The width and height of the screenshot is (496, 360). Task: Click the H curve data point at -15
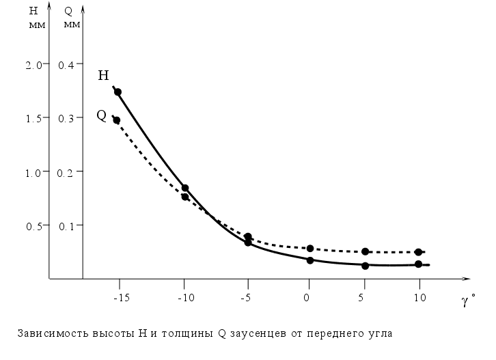point(118,92)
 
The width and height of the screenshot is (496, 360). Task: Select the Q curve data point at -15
point(117,120)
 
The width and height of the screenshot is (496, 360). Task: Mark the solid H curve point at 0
point(310,260)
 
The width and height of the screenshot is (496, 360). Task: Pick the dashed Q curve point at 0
point(310,248)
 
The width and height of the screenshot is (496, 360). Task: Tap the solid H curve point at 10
point(418,264)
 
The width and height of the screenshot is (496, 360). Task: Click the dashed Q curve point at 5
point(366,251)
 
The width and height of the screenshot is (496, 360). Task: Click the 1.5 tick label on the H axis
point(34,117)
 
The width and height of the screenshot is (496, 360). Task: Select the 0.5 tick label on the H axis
point(34,225)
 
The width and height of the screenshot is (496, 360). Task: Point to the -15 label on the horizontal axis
point(121,297)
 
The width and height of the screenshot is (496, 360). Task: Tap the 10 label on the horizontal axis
point(419,297)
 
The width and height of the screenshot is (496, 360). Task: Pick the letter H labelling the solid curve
point(104,75)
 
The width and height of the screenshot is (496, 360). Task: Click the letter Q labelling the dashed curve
point(101,115)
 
